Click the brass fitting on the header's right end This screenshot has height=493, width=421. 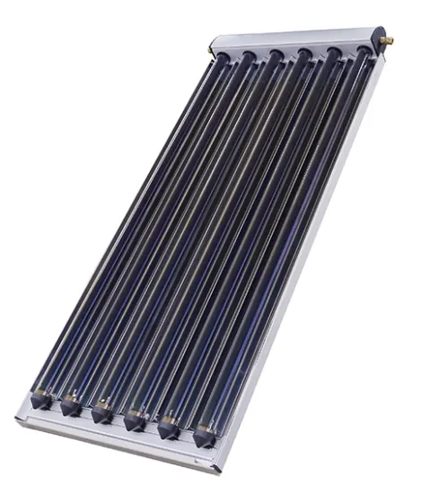click(x=391, y=40)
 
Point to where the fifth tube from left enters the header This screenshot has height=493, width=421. click(x=334, y=55)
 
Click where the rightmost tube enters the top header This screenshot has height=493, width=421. click(x=363, y=54)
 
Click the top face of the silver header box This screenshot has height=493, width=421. click(x=296, y=38)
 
